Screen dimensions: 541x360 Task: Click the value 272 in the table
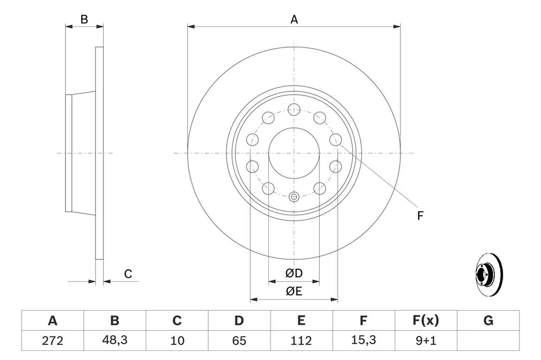point(52,341)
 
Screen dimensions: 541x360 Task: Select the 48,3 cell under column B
point(115,341)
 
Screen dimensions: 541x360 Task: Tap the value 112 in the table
point(301,341)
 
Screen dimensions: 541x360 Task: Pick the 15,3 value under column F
point(364,341)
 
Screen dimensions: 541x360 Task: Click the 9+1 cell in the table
point(426,341)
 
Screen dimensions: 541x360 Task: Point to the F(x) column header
point(426,321)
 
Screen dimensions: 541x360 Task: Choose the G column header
point(488,321)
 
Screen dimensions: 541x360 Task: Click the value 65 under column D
point(239,341)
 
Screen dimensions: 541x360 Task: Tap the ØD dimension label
point(294,273)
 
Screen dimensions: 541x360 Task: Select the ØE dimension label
point(294,291)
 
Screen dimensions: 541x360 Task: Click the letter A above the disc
point(294,19)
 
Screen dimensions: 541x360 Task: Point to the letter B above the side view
point(84,19)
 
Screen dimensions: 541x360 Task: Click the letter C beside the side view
point(128,274)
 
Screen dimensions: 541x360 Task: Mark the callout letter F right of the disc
point(420,216)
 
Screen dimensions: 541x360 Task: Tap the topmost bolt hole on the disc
point(294,109)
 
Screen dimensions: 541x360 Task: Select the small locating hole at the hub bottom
point(294,197)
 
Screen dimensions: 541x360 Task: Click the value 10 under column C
point(177,341)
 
